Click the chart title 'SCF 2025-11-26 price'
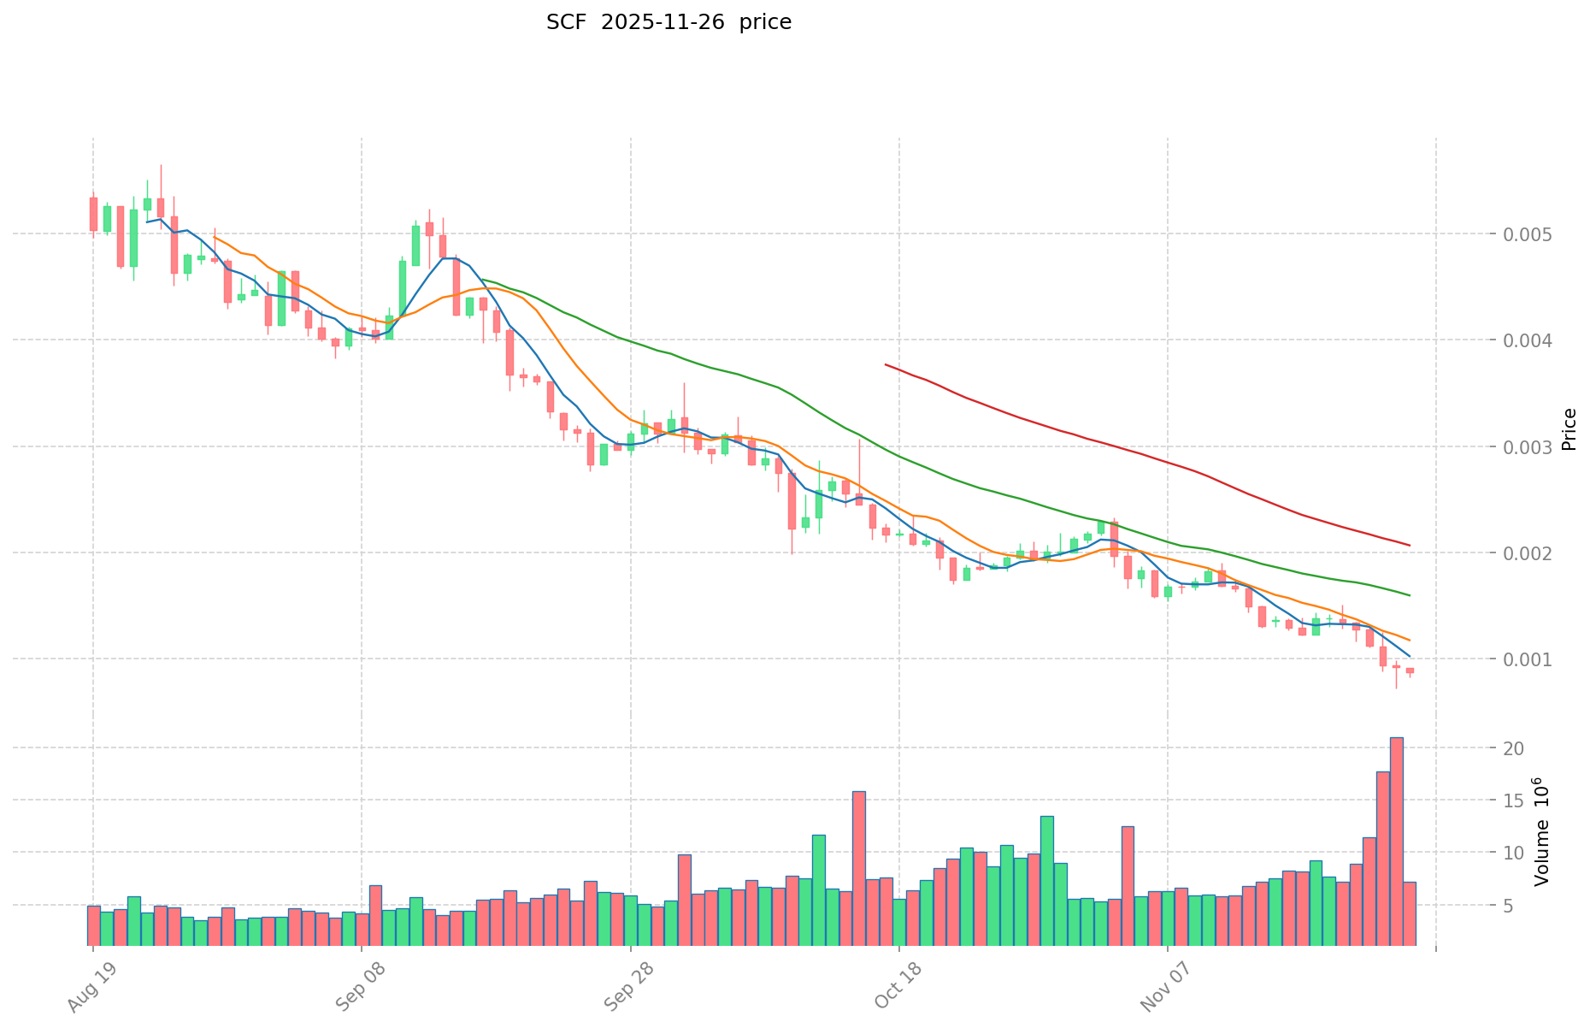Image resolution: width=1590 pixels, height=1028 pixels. [668, 22]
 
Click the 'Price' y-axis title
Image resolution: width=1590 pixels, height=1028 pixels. [1569, 429]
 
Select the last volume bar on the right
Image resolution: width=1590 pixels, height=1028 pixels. [1410, 913]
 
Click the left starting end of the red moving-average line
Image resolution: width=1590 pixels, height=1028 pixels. [886, 365]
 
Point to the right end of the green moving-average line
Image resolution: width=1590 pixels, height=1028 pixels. [1410, 595]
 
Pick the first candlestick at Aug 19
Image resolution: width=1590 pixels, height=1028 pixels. [93, 214]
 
